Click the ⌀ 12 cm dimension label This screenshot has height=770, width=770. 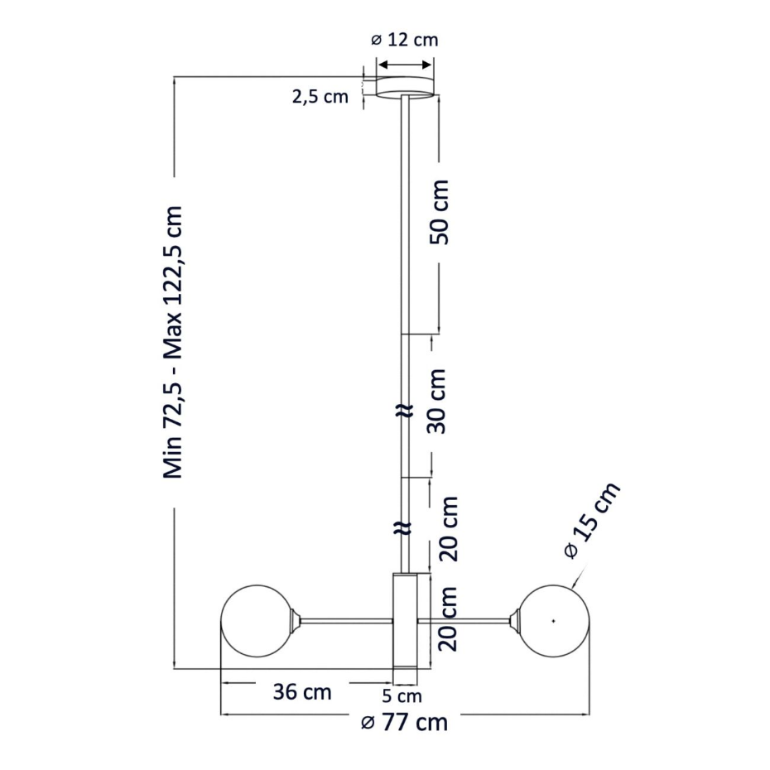[x=404, y=40]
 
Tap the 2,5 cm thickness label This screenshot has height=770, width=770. [x=320, y=97]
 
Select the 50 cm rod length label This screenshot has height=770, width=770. [x=440, y=212]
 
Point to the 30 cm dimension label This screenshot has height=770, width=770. [x=436, y=402]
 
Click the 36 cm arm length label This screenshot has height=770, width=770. [x=302, y=692]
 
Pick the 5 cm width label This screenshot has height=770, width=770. [x=402, y=696]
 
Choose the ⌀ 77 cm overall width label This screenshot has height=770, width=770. [x=404, y=722]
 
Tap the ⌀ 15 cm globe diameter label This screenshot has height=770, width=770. [x=593, y=521]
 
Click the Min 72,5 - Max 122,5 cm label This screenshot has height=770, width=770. [x=173, y=342]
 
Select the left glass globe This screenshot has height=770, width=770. [x=257, y=621]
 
